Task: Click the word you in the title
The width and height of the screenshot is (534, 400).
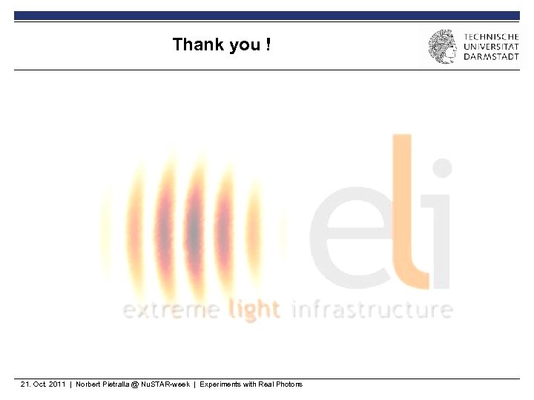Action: point(245,45)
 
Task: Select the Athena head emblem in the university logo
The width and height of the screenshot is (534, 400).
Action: point(443,47)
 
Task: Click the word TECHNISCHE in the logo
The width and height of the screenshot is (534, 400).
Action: point(491,36)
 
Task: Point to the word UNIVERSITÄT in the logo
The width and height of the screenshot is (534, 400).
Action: point(491,46)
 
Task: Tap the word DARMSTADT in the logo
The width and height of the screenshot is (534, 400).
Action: point(491,56)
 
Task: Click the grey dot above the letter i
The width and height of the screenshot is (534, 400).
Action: point(442,167)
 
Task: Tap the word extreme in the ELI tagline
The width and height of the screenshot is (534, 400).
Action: point(171,309)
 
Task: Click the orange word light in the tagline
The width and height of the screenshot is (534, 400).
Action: point(254,310)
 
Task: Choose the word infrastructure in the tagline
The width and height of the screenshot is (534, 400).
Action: point(372,309)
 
